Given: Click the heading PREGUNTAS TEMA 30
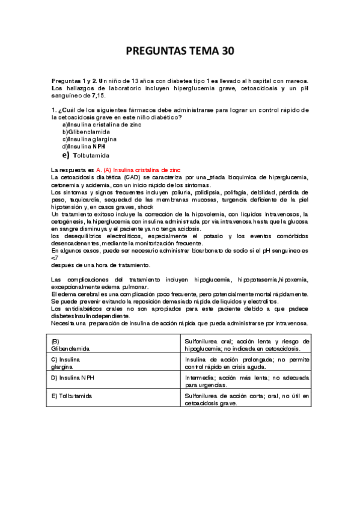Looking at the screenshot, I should [x=179, y=52].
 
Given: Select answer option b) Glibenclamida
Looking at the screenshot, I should [x=87, y=131].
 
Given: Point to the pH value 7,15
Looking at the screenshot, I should [x=96, y=95].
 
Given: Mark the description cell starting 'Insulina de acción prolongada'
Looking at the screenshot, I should [x=246, y=362].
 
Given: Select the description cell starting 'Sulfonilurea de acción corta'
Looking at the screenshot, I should [x=246, y=399].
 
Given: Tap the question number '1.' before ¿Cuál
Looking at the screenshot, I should [x=54, y=109].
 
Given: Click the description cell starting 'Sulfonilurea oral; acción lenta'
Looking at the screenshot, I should [x=246, y=344].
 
